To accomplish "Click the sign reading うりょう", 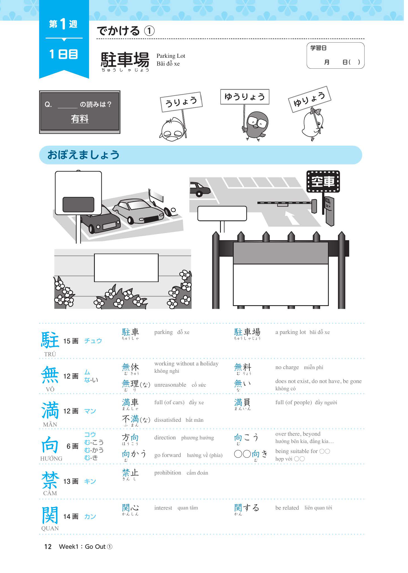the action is click(x=181, y=102).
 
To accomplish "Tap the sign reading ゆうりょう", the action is click(x=245, y=97).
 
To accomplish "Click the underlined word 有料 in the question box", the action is click(x=80, y=119).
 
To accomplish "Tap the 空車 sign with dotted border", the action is click(x=323, y=182).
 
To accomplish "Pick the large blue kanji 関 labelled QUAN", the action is click(x=50, y=515).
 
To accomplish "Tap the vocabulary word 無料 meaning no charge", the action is click(x=243, y=367).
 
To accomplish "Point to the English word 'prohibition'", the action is click(x=168, y=473).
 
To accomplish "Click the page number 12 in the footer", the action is click(x=48, y=546).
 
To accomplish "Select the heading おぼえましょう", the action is click(x=83, y=155).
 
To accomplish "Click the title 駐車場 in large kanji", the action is click(x=125, y=59).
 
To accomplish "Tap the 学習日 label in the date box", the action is click(x=318, y=48).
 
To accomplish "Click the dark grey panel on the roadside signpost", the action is click(x=78, y=204).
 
